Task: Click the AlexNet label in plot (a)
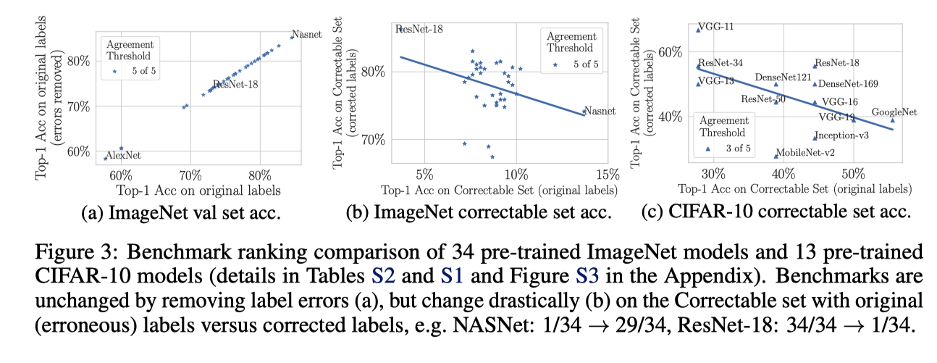point(122,156)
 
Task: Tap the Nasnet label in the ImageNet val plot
point(306,34)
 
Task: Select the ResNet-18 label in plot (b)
point(421,29)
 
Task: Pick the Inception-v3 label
point(843,135)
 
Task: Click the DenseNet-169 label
point(848,84)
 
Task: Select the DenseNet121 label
point(782,77)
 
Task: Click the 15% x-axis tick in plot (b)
point(608,175)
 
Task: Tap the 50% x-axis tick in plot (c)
point(854,175)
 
